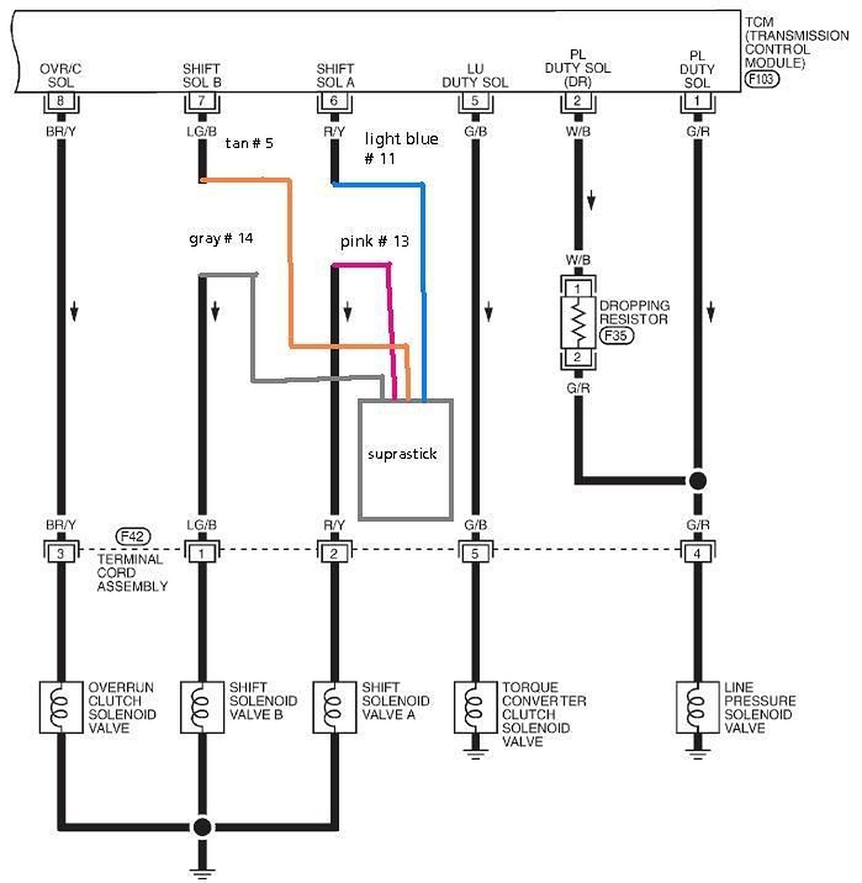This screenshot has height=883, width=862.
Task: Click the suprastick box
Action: (406, 459)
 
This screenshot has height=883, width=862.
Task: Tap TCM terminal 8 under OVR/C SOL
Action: (60, 101)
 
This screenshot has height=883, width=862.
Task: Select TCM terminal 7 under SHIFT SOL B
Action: (202, 101)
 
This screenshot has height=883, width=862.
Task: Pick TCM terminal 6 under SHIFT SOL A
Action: (334, 101)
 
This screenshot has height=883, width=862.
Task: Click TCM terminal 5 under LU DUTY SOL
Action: (475, 101)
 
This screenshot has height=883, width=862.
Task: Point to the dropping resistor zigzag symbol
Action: (578, 322)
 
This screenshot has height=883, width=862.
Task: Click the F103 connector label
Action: (762, 79)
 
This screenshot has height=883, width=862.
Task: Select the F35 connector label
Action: (616, 335)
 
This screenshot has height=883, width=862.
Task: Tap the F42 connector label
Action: (133, 536)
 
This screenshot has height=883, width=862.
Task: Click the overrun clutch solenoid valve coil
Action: (60, 707)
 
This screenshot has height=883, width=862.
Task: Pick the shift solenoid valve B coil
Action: (202, 707)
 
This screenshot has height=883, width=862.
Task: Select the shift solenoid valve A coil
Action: (334, 707)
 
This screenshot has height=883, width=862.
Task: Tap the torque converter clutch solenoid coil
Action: (475, 707)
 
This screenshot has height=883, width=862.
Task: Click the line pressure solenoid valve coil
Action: (697, 707)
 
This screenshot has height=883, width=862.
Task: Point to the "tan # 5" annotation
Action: (249, 144)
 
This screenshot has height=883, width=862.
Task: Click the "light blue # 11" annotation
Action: (401, 148)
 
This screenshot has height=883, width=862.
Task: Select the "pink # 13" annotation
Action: (374, 241)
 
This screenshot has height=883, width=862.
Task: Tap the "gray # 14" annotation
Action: (221, 238)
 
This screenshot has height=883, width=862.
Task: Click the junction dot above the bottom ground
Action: (202, 826)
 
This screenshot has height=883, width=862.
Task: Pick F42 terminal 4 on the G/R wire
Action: (697, 553)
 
